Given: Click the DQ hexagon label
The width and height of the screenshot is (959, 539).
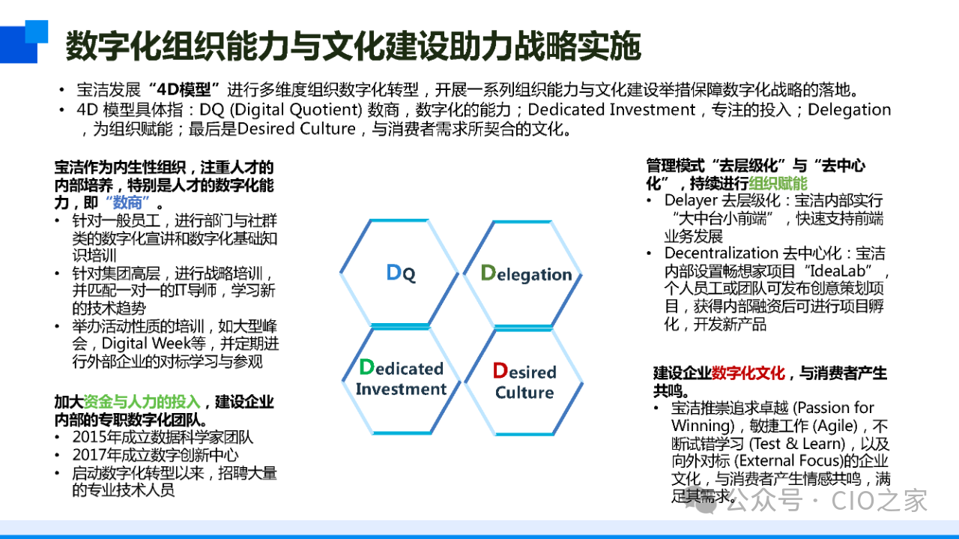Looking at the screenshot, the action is (401, 273).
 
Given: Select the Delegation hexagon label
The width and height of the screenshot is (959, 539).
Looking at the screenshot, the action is (526, 274).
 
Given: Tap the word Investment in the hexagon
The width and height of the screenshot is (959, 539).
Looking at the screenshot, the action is (401, 389).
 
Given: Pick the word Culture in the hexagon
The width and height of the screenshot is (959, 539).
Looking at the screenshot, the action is (524, 393).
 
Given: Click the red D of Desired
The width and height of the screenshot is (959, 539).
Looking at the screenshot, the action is (500, 370).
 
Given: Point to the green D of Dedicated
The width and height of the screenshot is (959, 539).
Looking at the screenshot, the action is (366, 367).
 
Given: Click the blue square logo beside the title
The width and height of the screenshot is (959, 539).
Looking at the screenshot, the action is (24, 41).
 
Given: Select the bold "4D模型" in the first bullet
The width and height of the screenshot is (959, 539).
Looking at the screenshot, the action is (184, 90).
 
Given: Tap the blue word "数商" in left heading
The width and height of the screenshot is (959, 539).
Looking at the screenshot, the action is (127, 202).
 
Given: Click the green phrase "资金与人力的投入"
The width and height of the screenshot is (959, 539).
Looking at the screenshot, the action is (142, 402).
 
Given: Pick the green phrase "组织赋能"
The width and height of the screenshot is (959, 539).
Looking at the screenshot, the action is (778, 184).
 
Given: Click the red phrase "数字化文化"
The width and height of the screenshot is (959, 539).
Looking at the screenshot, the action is (748, 373).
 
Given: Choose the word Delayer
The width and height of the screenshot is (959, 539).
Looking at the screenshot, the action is (691, 200).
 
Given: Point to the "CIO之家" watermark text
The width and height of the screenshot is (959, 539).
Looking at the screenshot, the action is (879, 500).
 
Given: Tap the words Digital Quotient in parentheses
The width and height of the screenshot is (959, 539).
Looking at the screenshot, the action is (296, 109).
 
